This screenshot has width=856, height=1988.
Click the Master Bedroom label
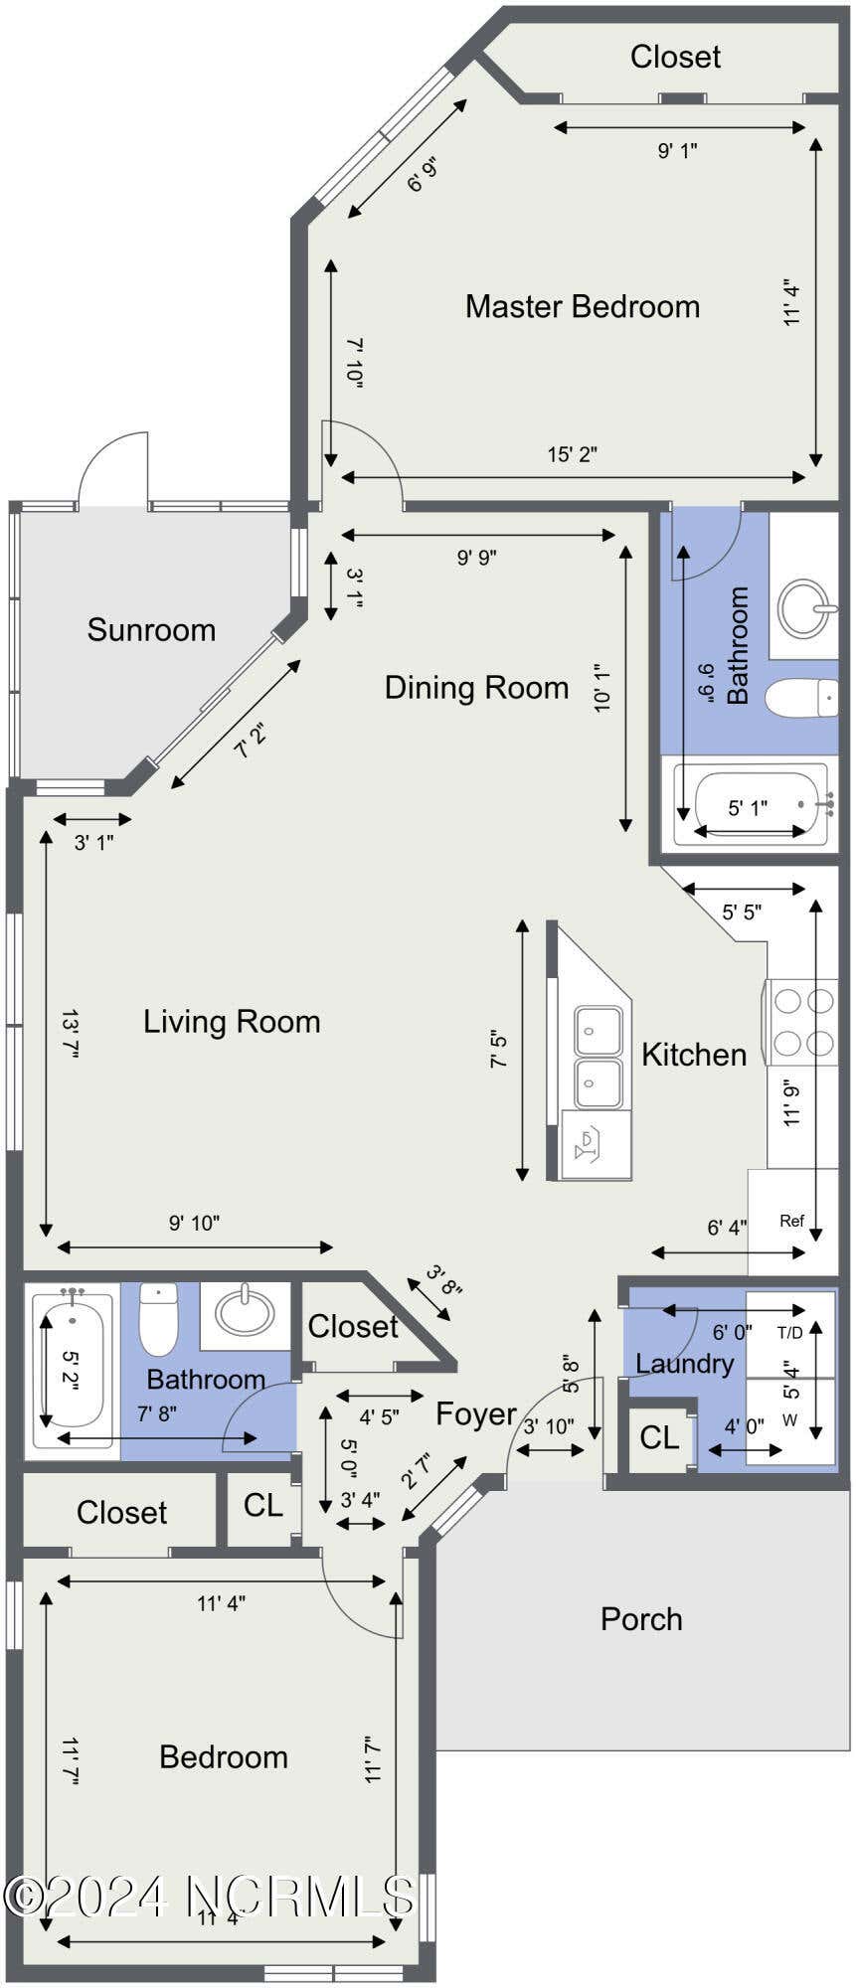click(x=583, y=306)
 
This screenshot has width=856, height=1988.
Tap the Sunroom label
click(x=151, y=629)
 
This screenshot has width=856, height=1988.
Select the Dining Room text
click(x=476, y=687)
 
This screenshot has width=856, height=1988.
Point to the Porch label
click(x=641, y=1619)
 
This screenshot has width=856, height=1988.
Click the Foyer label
click(x=476, y=1413)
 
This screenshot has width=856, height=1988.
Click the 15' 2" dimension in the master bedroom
click(x=573, y=454)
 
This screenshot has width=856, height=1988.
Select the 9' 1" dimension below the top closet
click(x=677, y=150)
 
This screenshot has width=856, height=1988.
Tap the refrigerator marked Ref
click(x=792, y=1222)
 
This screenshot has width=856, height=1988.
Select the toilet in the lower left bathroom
click(x=158, y=1319)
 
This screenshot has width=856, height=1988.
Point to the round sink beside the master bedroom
click(x=804, y=607)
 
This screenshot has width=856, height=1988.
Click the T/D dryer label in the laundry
click(x=789, y=1333)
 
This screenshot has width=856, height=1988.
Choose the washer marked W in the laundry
click(x=790, y=1421)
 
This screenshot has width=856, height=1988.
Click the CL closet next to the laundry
click(x=659, y=1437)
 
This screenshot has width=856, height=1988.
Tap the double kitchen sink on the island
click(x=599, y=1058)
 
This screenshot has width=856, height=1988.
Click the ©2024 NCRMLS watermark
click(x=209, y=1896)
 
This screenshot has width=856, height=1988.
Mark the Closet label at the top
click(x=675, y=57)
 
